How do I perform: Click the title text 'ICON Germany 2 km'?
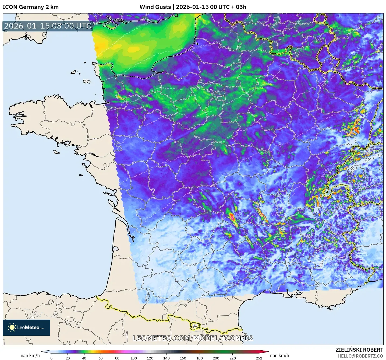pos(31,7)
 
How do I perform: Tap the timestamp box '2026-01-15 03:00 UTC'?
pos(48,26)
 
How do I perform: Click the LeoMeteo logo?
pos(26,328)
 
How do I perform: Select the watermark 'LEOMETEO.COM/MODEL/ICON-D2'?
pos(193,338)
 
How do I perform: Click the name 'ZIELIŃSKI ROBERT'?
pos(359,350)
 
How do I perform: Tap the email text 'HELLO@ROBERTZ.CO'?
pos(360,356)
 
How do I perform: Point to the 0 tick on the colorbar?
pos(51,358)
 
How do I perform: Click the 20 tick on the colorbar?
pos(68,358)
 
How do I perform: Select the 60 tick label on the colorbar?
pos(101,358)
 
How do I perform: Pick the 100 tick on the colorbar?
pos(134,358)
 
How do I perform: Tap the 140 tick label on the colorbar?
pos(167,358)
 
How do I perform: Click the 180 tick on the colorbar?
pos(200,358)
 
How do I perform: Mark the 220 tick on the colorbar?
pos(232,358)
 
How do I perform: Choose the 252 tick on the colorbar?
pos(259,358)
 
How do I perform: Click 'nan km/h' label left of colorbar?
pos(30,355)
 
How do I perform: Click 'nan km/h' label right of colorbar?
pos(279,355)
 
